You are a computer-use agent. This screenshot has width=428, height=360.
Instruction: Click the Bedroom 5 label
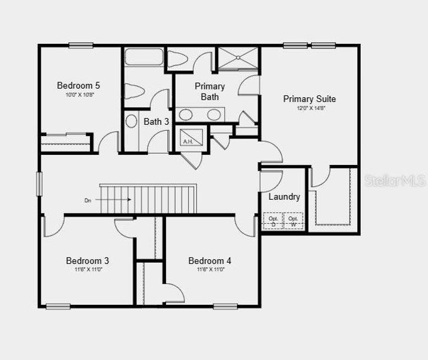(79, 85)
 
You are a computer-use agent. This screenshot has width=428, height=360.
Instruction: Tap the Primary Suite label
(309, 99)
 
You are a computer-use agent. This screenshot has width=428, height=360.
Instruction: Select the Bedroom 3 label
(88, 261)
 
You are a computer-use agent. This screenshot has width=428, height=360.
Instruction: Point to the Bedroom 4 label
(210, 261)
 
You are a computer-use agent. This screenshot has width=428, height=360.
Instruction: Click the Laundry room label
(284, 197)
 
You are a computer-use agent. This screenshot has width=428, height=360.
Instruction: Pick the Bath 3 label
(156, 122)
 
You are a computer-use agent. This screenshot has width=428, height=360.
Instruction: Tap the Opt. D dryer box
(273, 221)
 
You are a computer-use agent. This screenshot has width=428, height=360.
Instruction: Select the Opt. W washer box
(293, 221)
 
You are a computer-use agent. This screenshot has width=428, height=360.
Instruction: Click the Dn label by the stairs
(88, 200)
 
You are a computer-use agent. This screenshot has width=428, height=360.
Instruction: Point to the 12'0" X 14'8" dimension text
(310, 109)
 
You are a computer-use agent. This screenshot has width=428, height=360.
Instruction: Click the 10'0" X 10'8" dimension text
(80, 95)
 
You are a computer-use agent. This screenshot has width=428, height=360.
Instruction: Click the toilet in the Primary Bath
(179, 59)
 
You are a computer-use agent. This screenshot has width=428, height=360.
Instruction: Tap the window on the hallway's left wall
(40, 184)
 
